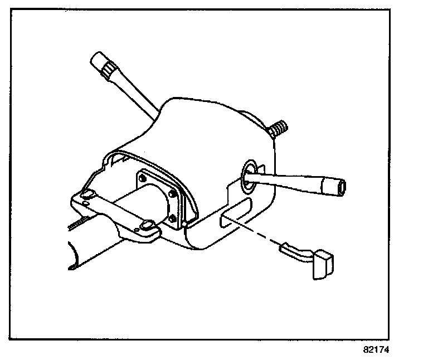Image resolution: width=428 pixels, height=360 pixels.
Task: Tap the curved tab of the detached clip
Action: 296,251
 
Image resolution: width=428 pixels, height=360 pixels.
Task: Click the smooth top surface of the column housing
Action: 212,128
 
